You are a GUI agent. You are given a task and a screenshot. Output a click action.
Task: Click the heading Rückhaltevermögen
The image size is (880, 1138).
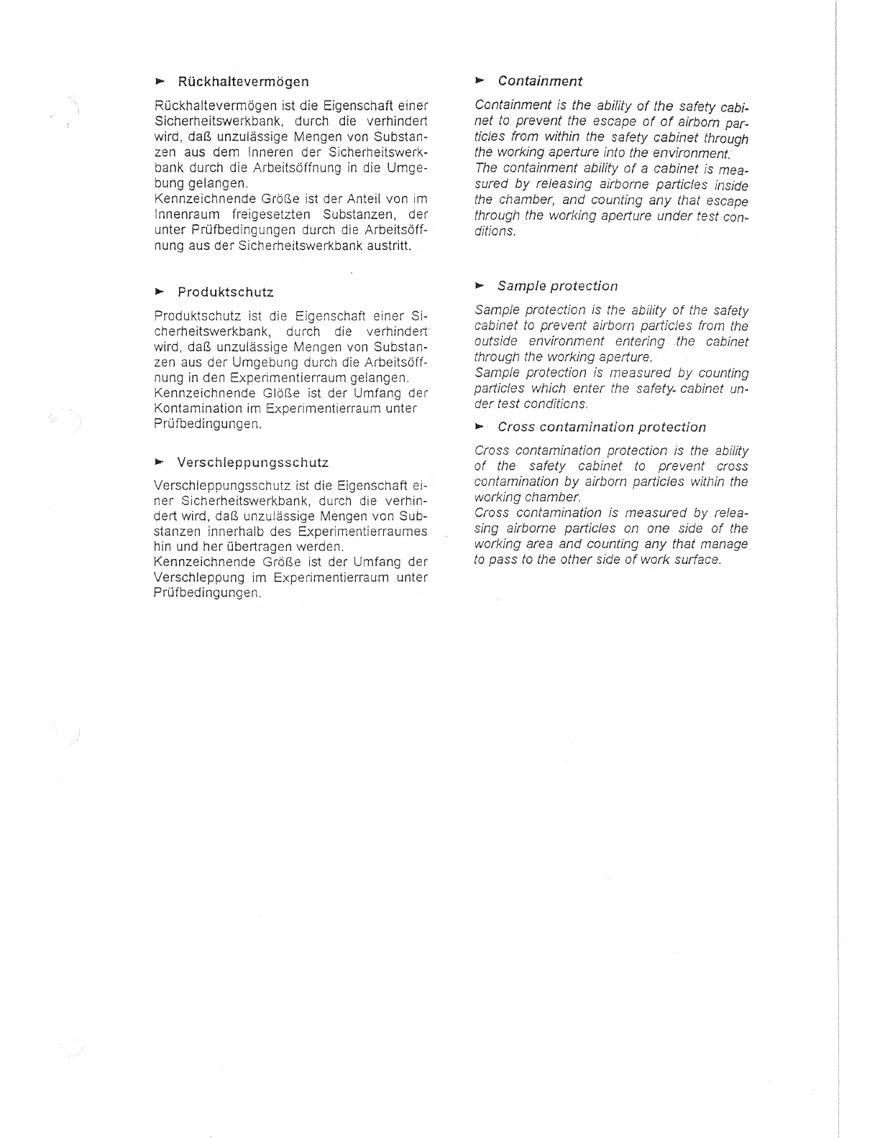tap(243, 81)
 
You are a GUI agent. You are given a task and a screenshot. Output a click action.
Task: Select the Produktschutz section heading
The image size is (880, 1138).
tap(225, 292)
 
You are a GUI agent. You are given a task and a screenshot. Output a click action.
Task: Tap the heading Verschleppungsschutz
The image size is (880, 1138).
tap(252, 463)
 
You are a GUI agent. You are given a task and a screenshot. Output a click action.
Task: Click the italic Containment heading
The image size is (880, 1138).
tap(539, 81)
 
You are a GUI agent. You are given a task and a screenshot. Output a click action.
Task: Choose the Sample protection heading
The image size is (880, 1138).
tap(557, 286)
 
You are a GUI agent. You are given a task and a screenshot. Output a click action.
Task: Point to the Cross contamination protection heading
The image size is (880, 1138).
tap(601, 427)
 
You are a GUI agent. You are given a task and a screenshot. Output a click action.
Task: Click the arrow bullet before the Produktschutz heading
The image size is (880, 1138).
tap(160, 292)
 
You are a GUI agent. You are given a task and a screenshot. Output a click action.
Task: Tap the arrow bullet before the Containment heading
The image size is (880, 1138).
tap(480, 80)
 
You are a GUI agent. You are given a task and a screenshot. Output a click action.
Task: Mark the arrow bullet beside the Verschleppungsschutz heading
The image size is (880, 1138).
tap(160, 462)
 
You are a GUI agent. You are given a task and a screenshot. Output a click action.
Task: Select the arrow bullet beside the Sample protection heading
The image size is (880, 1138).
tap(480, 285)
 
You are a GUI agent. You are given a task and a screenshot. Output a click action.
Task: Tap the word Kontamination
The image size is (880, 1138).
tap(188, 409)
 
